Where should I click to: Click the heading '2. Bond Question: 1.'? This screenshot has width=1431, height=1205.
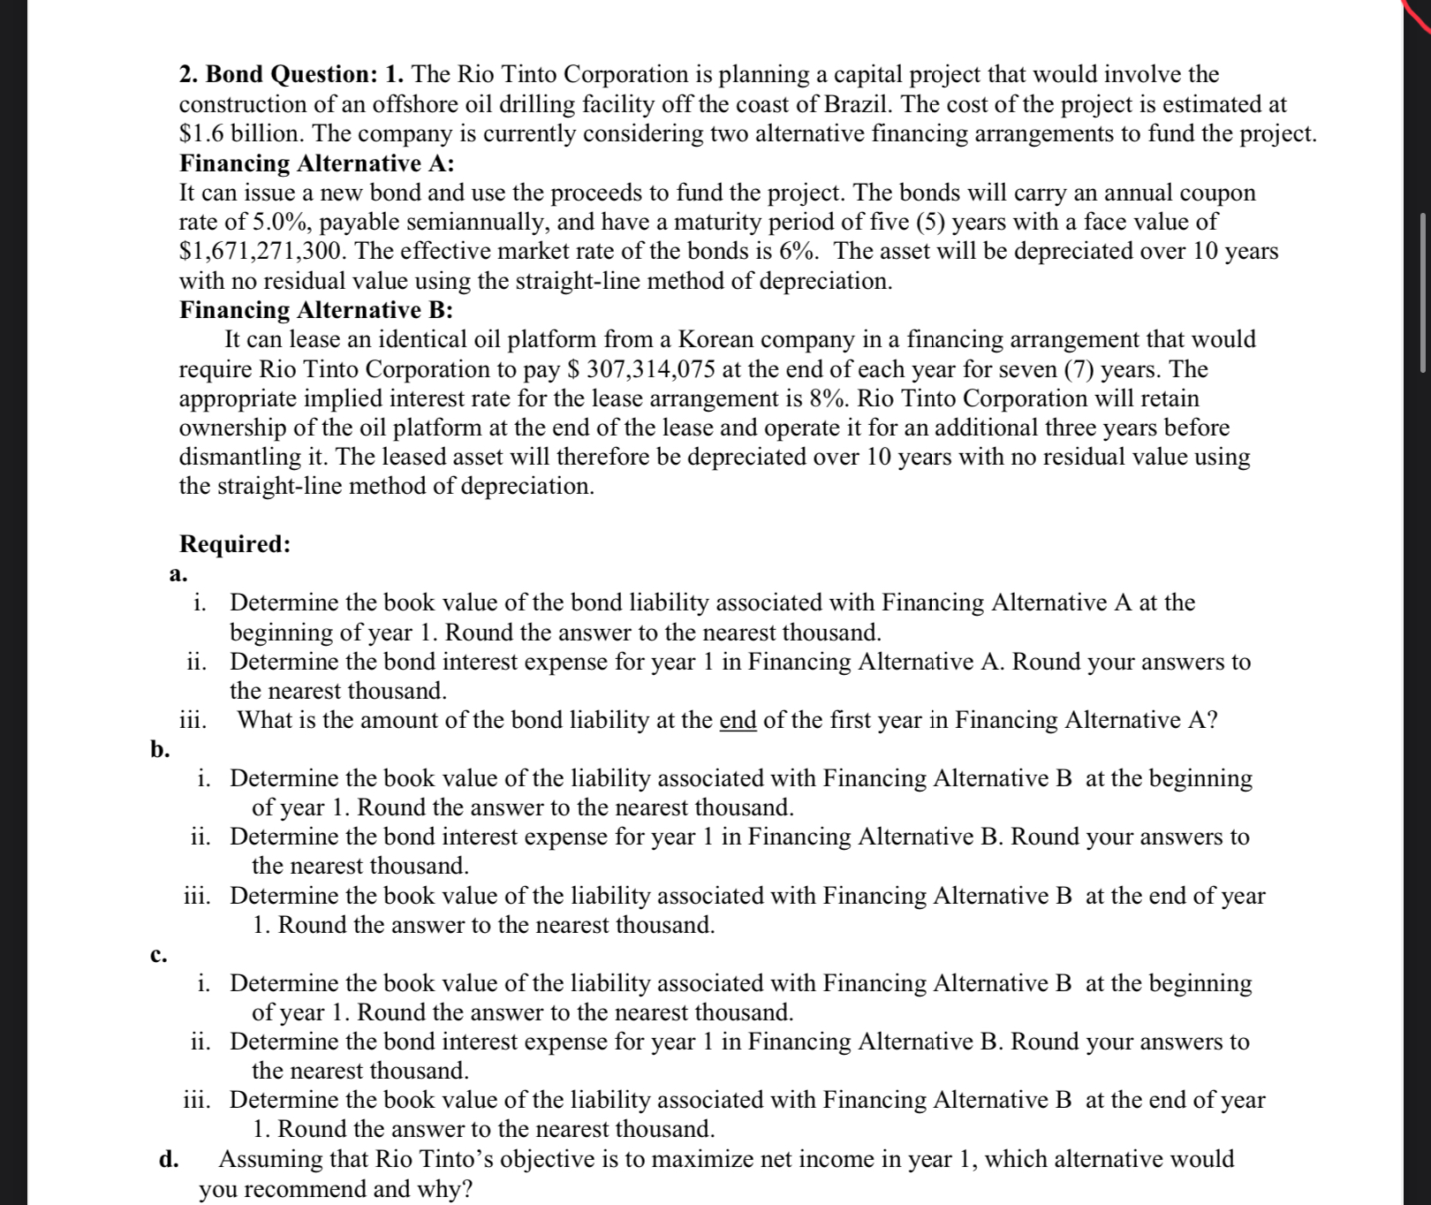click(x=291, y=74)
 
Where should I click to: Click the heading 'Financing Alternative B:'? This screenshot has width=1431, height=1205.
click(x=316, y=310)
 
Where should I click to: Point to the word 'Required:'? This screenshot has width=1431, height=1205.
click(x=235, y=544)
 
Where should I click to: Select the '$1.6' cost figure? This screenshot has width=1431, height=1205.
click(x=199, y=134)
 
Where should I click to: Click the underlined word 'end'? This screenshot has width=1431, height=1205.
click(x=738, y=721)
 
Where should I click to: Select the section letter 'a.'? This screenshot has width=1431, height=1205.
click(x=178, y=574)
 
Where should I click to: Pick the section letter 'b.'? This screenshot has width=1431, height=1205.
click(x=159, y=750)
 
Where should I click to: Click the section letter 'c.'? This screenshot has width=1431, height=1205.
click(x=158, y=955)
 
